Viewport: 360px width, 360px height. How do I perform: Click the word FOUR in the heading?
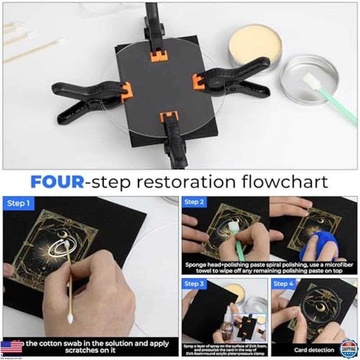coord(57,182)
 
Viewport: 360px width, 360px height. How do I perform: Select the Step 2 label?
coord(194,202)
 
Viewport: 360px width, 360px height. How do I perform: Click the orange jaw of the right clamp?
coord(198,81)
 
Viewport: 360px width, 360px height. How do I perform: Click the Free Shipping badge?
coord(349,348)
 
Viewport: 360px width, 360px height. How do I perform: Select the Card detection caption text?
coord(314,350)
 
